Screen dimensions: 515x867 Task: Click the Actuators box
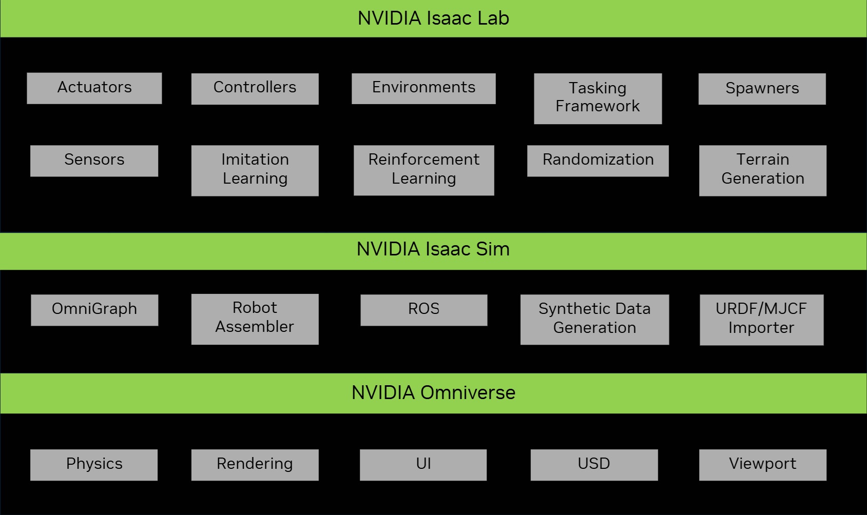[x=94, y=88]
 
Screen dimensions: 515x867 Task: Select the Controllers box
[x=255, y=89]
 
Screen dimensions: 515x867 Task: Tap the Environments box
[x=423, y=88]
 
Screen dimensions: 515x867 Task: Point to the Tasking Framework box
[x=598, y=98]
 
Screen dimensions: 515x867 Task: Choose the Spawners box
[x=762, y=89]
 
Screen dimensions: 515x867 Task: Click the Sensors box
[x=94, y=161]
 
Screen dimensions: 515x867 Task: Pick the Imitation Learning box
[x=255, y=170]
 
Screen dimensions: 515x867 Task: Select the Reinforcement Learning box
[x=423, y=170]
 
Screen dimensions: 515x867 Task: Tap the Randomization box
[x=598, y=161]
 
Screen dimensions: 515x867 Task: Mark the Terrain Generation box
[x=762, y=170]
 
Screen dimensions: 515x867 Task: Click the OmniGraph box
[x=94, y=310]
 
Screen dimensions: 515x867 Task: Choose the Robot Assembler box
[x=255, y=319]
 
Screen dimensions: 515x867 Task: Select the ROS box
[x=423, y=310]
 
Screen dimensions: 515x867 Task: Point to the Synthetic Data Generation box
[x=594, y=319]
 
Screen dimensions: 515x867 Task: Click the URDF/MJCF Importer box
[x=761, y=320]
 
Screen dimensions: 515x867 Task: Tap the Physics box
[x=94, y=465]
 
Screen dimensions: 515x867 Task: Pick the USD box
[x=594, y=465]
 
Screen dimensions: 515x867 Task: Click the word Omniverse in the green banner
[x=468, y=393]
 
